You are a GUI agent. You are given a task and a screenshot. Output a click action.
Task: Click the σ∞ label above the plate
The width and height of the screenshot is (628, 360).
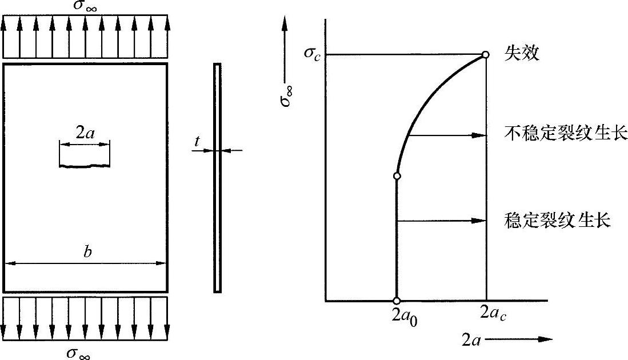pos(85,6)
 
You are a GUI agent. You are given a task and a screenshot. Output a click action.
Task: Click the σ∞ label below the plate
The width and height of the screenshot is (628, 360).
pos(78,353)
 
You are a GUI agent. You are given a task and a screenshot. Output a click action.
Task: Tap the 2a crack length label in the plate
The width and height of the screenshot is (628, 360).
pos(85,133)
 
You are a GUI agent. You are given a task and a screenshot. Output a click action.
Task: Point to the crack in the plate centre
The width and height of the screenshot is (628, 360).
pos(85,165)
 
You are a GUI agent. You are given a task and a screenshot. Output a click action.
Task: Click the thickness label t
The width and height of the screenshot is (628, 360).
pos(197,141)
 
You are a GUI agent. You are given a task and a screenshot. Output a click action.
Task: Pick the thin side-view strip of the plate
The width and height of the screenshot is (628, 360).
pos(217,178)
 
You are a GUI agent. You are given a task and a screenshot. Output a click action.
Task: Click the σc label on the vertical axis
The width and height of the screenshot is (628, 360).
pos(313,53)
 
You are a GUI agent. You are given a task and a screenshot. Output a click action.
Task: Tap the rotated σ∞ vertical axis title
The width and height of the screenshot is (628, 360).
pos(286,95)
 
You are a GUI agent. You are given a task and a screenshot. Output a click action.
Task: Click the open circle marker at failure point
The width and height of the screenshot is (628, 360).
pos(485,54)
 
